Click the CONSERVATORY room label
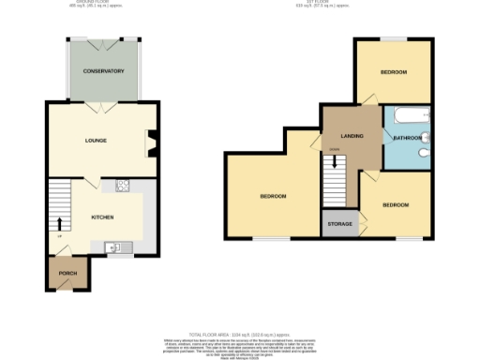point(103,71)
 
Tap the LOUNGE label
point(96,141)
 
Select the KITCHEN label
point(102,217)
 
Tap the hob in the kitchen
point(122,186)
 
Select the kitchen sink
point(112,247)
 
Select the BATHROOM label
point(407,138)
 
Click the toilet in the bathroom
point(424,153)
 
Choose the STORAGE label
point(338,225)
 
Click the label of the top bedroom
point(393,72)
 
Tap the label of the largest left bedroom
point(273,196)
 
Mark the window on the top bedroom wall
point(393,38)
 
